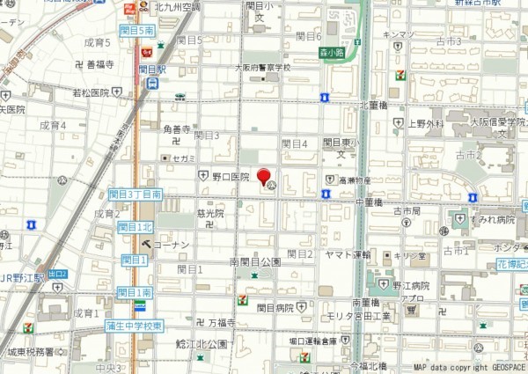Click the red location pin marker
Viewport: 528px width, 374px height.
(264, 176)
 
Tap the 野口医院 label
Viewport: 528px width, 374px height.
(231, 177)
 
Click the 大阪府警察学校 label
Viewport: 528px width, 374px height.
(260, 67)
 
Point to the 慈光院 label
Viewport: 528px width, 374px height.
(210, 213)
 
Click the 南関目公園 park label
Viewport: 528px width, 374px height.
(254, 262)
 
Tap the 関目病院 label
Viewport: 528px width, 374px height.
(275, 308)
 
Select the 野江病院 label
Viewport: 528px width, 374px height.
(411, 286)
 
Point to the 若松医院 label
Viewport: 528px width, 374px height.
(91, 92)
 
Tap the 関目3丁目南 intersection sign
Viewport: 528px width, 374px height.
(136, 194)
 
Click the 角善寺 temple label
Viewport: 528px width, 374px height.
(177, 128)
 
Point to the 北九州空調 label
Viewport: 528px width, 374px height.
(177, 7)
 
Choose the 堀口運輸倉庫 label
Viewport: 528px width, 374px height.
(313, 341)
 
